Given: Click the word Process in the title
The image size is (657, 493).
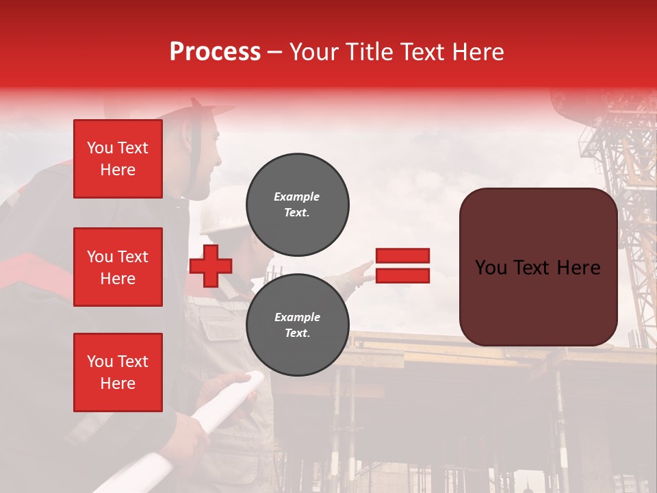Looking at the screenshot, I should pos(215,52).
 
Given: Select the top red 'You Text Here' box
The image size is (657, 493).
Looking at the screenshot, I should pos(118,159).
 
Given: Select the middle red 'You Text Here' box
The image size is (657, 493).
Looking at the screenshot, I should pos(118,267).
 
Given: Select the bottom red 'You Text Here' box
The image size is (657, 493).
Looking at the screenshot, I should pos(118,372).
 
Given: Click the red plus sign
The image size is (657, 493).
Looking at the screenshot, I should pos(211,266).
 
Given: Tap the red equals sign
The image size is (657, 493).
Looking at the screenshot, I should pos(402,266).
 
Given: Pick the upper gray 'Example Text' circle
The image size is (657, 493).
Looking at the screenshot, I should pos(298,205).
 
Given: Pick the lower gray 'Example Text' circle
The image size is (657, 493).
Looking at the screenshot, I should pos(298,325).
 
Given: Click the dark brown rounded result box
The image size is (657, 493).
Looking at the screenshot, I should pos(538,267).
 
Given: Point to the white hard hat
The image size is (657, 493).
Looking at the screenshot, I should pos(222,209).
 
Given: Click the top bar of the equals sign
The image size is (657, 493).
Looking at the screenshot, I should pos(402,256).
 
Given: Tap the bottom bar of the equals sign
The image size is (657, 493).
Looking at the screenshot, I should pos(402,275).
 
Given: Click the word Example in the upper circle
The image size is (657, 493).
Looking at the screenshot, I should pos(297,197).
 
